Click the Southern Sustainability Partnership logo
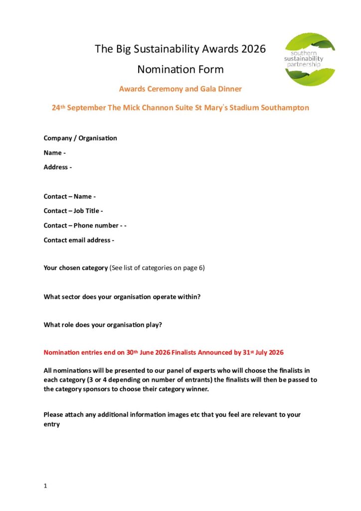[x=310, y=59]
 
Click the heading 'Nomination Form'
[x=180, y=69]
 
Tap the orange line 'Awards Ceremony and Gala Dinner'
[x=180, y=89]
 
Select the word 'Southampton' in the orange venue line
[x=286, y=108]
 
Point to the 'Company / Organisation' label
[x=80, y=138]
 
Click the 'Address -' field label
[x=57, y=167]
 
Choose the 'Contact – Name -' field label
[x=69, y=197]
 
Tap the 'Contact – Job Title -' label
[x=73, y=211]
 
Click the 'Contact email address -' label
[x=79, y=240]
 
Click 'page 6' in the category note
[x=192, y=268]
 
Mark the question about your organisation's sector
[x=122, y=297]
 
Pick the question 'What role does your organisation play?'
[x=103, y=325]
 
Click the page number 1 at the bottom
[x=45, y=486]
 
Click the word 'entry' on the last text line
[x=51, y=425]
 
